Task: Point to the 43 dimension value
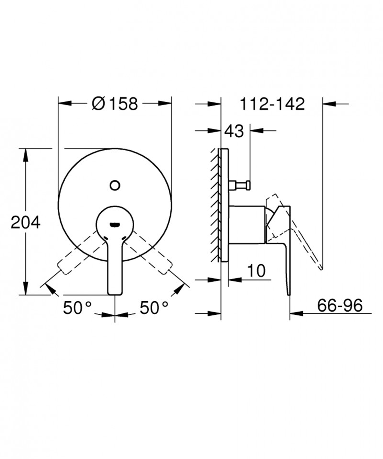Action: tap(234, 131)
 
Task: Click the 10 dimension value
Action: tap(257, 271)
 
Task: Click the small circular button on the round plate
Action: tap(114, 184)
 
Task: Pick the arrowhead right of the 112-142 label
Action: tap(328, 103)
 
